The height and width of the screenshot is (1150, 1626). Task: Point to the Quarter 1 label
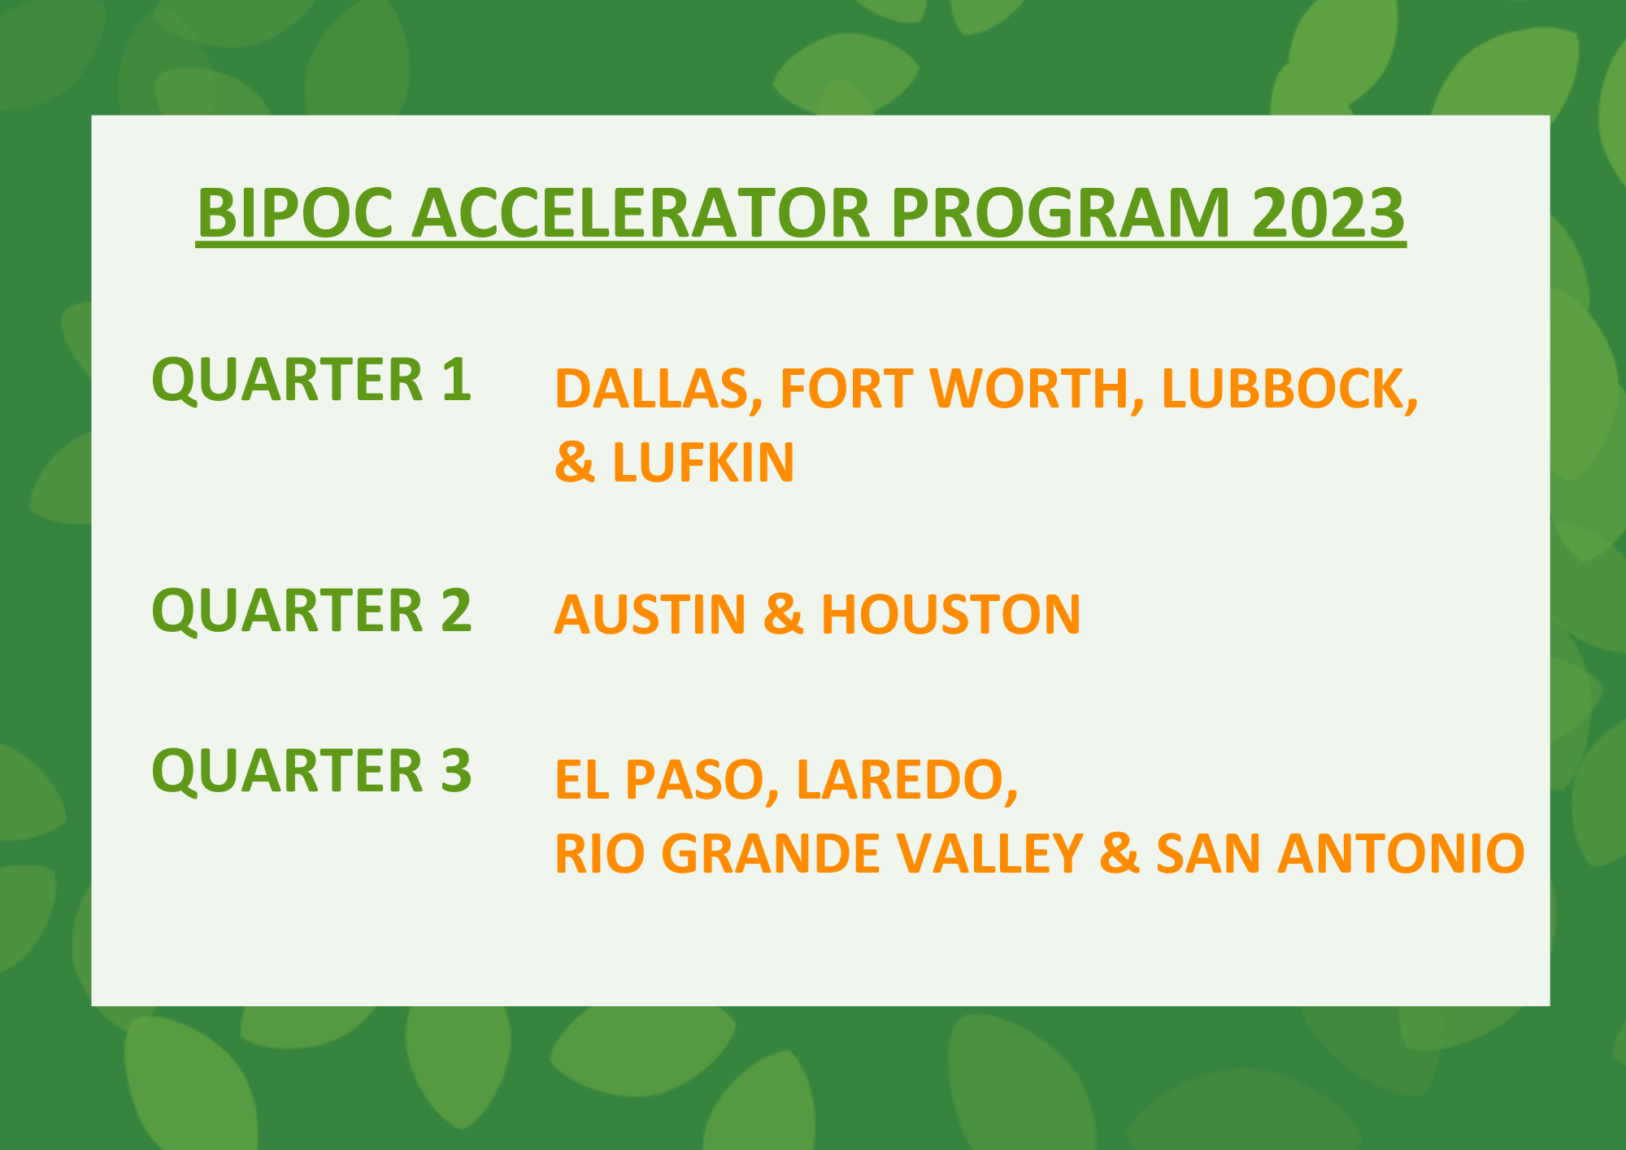(x=311, y=380)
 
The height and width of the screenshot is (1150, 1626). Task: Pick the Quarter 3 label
(x=311, y=770)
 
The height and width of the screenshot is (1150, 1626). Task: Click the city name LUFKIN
(x=702, y=462)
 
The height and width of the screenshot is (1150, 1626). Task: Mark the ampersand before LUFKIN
(x=574, y=462)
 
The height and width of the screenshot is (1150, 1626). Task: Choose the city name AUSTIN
(x=650, y=614)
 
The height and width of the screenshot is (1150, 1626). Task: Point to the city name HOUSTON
(x=950, y=614)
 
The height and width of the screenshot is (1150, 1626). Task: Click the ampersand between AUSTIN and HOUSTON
(x=783, y=614)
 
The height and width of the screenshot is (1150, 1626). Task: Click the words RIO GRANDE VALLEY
(x=818, y=853)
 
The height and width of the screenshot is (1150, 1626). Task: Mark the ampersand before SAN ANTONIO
(x=1119, y=853)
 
